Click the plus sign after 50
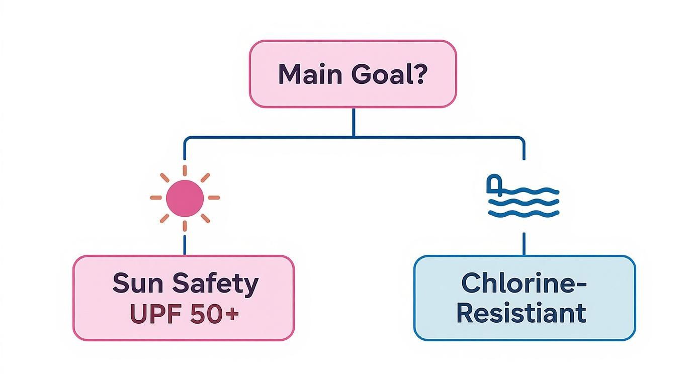(x=232, y=315)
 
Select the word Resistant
(x=521, y=313)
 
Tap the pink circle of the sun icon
(x=185, y=198)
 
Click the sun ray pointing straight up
(x=185, y=170)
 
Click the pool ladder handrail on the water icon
(x=494, y=184)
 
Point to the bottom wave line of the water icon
(x=524, y=214)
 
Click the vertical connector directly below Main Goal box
(x=354, y=122)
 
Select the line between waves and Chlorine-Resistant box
(x=524, y=244)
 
